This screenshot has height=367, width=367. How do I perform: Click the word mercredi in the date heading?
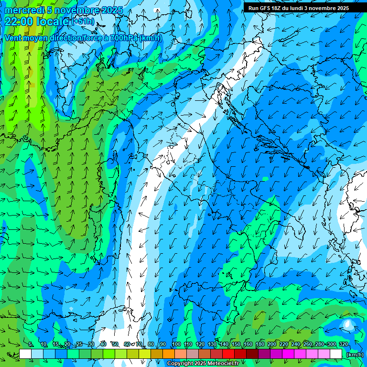(22, 11)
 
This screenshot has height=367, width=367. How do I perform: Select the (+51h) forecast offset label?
(83, 22)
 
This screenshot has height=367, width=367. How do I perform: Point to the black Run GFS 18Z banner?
(305, 8)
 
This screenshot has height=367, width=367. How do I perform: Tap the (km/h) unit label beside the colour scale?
(355, 355)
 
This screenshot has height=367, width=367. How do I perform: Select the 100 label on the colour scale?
(176, 345)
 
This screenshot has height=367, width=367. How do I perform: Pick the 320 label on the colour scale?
(343, 345)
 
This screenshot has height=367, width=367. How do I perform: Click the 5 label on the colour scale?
(31, 345)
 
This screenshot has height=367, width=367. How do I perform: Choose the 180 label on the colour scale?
(259, 345)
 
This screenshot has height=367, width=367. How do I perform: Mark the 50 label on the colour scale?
(115, 345)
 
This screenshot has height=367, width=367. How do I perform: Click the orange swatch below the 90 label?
(169, 354)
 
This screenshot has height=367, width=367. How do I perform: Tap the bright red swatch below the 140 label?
(228, 354)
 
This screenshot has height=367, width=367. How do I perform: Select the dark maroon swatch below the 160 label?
(252, 354)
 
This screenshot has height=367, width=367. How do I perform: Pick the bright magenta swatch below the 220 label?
(288, 354)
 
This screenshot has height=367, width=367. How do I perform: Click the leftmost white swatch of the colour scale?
(25, 354)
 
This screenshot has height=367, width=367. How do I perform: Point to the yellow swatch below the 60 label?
(133, 354)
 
